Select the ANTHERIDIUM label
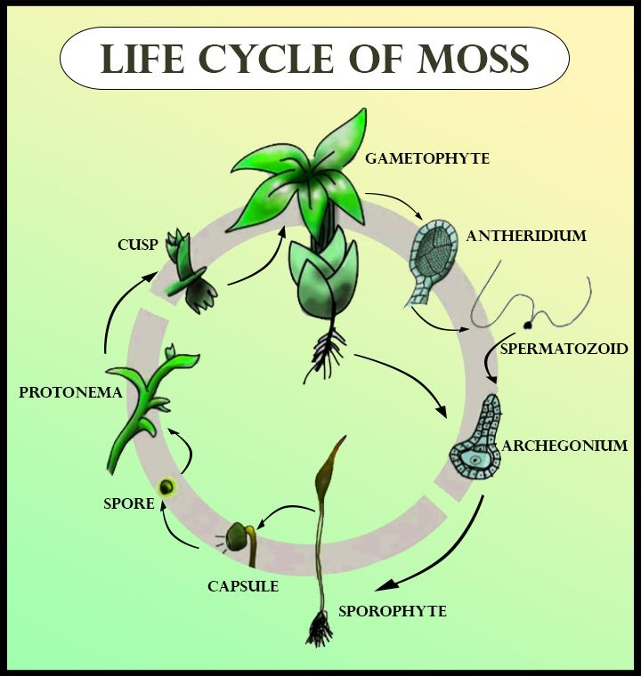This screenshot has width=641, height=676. tap(526, 237)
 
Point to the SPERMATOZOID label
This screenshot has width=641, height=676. tap(564, 349)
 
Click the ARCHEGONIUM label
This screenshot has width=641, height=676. tap(564, 446)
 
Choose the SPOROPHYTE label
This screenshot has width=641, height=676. tap(392, 612)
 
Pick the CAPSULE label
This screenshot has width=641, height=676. tap(243, 586)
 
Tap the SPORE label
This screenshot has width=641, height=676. tap(129, 504)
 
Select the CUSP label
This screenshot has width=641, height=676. tap(137, 244)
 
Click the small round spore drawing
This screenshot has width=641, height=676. tap(166, 487)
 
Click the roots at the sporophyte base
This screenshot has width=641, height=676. tap(320, 631)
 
